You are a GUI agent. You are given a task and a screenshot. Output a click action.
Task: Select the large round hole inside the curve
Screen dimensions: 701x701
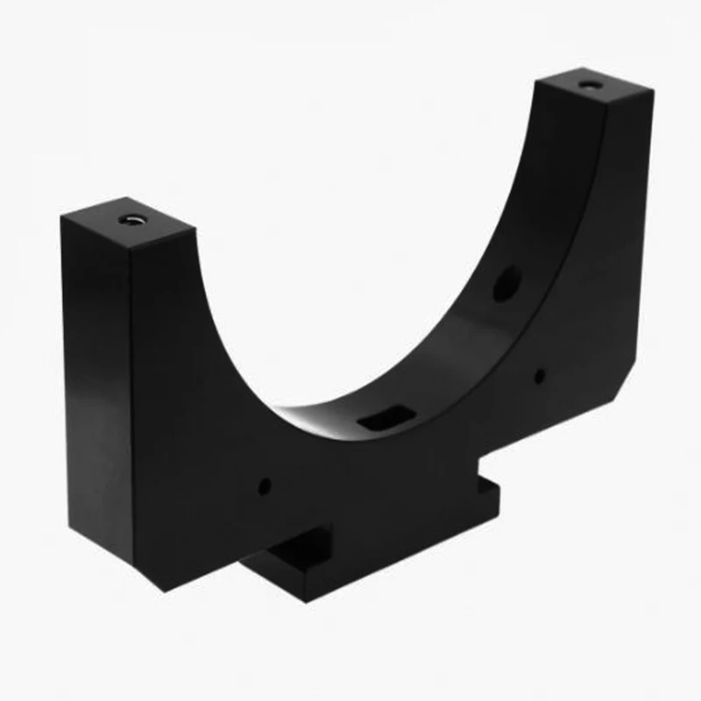click(x=506, y=283)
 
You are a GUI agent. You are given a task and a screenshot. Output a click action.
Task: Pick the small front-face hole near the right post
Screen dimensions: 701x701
click(x=540, y=377)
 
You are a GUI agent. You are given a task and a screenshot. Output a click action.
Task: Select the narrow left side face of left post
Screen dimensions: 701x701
click(x=96, y=386)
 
